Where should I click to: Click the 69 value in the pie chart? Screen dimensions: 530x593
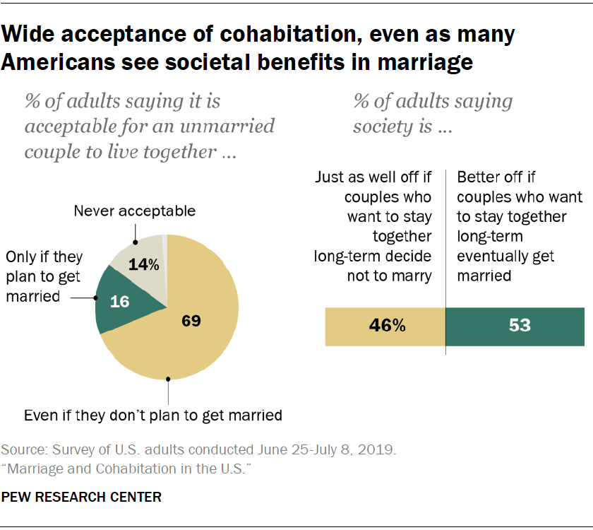(191, 322)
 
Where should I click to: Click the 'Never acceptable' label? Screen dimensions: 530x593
(135, 211)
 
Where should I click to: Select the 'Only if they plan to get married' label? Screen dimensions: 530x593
(44, 276)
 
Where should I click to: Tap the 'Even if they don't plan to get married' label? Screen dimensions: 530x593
(153, 415)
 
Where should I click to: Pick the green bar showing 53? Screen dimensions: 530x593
(515, 326)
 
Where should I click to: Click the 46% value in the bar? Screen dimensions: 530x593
(388, 326)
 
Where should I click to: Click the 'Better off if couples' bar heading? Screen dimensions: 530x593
(519, 225)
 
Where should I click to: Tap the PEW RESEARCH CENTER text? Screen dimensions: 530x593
(81, 497)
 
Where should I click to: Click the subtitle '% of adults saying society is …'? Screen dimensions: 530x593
(433, 114)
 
